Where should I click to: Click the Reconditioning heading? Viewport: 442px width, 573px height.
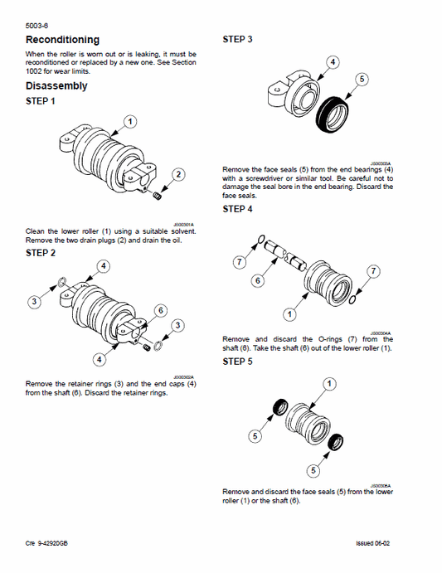62,40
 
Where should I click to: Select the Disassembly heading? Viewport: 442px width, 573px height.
56,85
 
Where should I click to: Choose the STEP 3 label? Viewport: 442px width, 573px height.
238,39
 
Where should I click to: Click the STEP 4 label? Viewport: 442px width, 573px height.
238,209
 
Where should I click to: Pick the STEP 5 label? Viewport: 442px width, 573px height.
238,362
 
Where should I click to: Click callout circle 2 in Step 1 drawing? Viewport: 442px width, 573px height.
178,173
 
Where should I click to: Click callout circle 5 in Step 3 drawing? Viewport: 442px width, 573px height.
361,80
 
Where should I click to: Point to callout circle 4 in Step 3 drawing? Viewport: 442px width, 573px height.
332,62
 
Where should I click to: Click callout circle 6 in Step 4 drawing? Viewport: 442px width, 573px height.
258,281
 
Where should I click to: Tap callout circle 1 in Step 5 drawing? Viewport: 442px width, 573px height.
330,383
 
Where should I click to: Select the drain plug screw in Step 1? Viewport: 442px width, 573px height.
158,194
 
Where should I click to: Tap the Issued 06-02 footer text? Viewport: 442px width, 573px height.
373,543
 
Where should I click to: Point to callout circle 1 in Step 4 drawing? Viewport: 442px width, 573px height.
289,314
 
